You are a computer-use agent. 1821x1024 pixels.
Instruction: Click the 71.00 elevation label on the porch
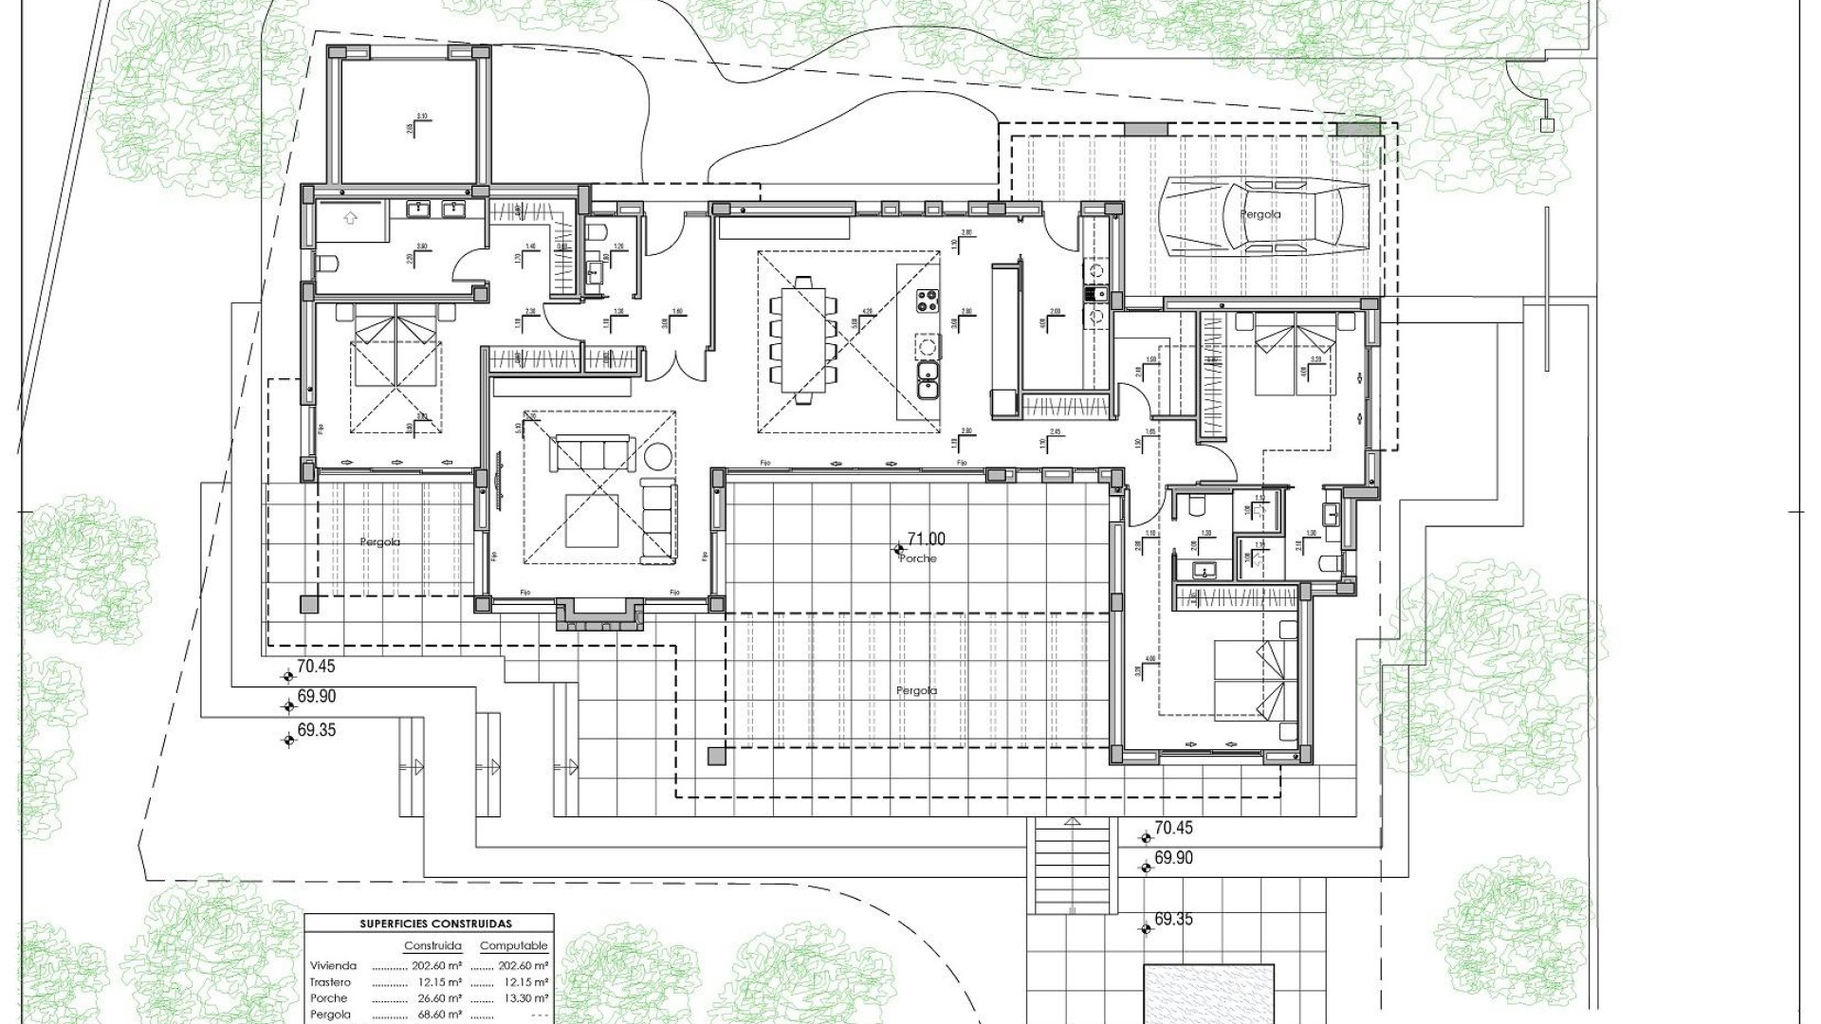(x=926, y=539)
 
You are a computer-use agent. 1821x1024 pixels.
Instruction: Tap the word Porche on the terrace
(x=917, y=559)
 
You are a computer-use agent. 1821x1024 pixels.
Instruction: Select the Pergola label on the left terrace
(x=379, y=542)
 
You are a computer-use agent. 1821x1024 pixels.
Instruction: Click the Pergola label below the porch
(x=916, y=691)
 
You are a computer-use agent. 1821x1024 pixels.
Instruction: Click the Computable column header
(x=513, y=946)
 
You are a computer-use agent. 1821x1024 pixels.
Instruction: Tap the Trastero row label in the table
(x=329, y=982)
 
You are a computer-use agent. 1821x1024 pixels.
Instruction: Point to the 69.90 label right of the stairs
(x=1173, y=858)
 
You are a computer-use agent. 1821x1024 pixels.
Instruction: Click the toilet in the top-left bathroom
(x=322, y=265)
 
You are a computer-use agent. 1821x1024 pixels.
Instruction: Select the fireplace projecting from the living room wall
(x=598, y=616)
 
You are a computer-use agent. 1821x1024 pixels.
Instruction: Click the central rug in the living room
(x=592, y=521)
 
